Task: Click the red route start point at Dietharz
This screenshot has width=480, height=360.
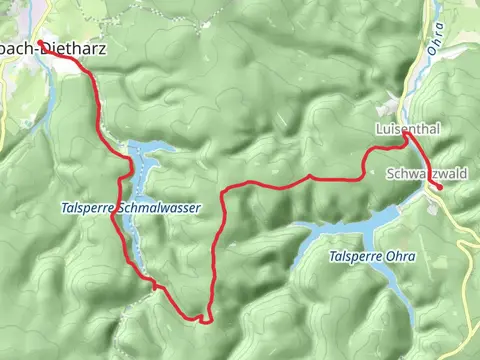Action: pos(39,42)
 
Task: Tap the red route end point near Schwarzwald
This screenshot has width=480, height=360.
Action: pos(439,186)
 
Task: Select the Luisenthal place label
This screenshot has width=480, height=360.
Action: pos(407,130)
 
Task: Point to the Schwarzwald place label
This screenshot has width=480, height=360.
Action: pos(427,173)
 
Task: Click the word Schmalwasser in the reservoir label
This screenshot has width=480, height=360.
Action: pos(160,208)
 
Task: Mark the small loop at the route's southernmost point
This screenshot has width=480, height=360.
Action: pos(205,319)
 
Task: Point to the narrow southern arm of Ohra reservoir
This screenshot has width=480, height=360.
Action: pos(400,290)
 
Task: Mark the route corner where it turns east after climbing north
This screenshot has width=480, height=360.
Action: pos(223,190)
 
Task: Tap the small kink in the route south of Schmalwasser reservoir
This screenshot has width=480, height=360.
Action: pos(155,286)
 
